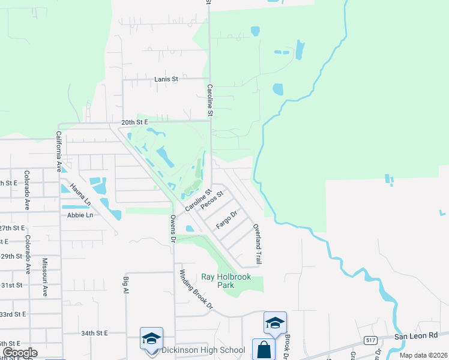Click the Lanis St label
166,79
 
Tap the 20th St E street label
134,122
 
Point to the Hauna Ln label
79,194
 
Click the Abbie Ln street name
80,215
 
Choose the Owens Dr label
173,228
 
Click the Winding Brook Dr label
196,289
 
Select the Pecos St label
212,199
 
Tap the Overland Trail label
258,245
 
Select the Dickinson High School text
203,350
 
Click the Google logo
20,353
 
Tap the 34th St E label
94,332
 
